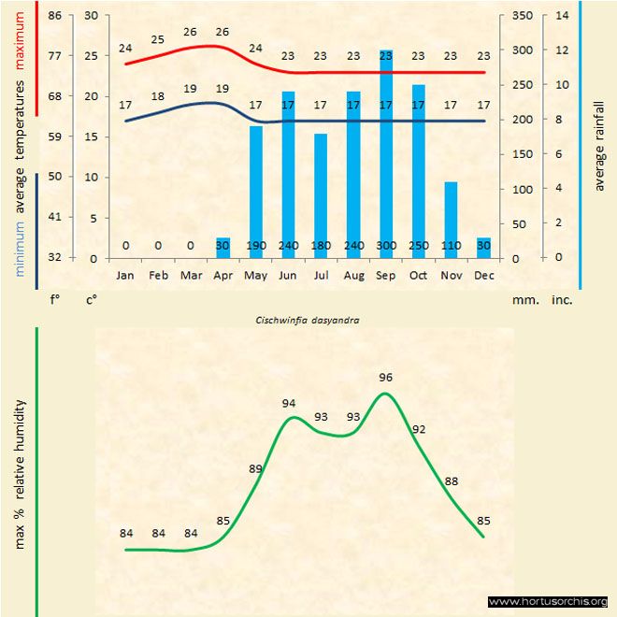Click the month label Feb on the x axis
pos(158,276)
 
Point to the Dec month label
pos(483,276)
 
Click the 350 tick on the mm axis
pos(523,16)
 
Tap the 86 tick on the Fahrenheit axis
pos(55,16)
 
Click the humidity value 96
pos(386,378)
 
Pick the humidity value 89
pos(256,468)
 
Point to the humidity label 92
pos(419,430)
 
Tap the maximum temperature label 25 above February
pos(158,39)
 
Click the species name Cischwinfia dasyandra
pos(308,319)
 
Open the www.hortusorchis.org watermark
pos(548,601)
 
